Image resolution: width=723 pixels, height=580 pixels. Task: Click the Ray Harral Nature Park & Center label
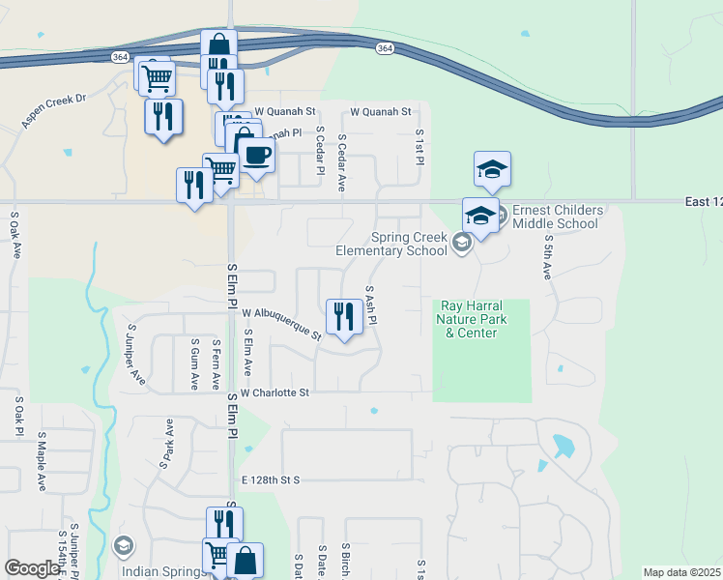point(471,319)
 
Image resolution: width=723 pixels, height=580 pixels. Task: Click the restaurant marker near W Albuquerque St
point(344,317)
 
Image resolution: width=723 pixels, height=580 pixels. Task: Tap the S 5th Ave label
point(547,257)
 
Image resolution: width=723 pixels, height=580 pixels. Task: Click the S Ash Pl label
point(370,304)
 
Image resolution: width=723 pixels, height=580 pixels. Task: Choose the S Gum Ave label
point(195,363)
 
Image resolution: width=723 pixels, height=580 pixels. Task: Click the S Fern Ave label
point(216,363)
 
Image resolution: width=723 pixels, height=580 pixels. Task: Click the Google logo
point(32,568)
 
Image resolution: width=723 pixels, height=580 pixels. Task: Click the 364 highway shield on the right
point(385,49)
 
